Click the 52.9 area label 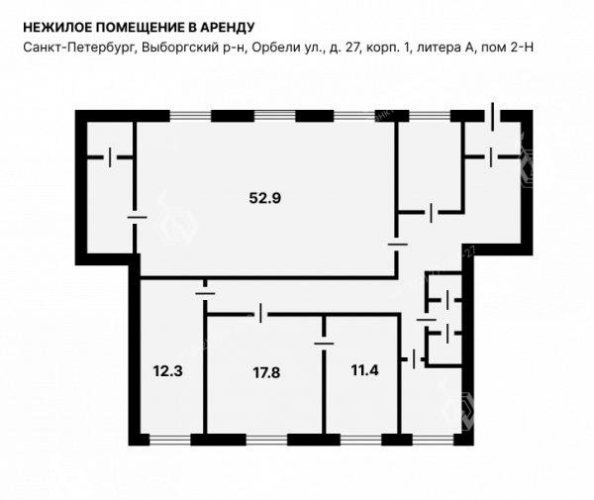coord(264,198)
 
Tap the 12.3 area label coord(168,371)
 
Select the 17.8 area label coord(266,372)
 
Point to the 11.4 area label coord(364,370)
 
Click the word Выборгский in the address coord(178,48)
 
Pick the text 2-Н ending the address coord(522,48)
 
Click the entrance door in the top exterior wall coord(492,116)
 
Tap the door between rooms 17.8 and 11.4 coord(324,344)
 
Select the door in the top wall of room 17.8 coord(260,313)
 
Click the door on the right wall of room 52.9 coord(397,245)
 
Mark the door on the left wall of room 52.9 coord(137,218)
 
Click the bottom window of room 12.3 coord(170,440)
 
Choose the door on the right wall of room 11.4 coord(413,358)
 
